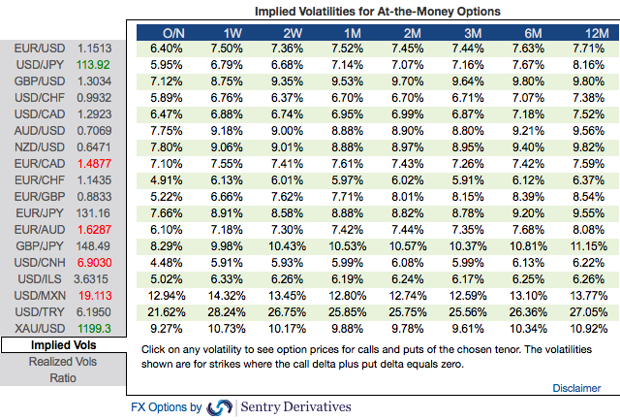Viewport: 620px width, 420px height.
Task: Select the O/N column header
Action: [173, 34]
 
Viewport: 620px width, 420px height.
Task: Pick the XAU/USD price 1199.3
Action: [95, 330]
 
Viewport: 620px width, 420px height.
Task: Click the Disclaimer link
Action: [576, 388]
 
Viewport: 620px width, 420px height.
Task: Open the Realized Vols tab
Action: [63, 362]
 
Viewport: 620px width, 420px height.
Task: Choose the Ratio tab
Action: [63, 378]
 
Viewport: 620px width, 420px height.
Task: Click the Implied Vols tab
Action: [63, 346]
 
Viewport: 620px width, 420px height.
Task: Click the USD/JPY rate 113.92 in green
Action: [95, 64]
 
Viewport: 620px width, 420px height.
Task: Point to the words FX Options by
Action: [166, 407]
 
